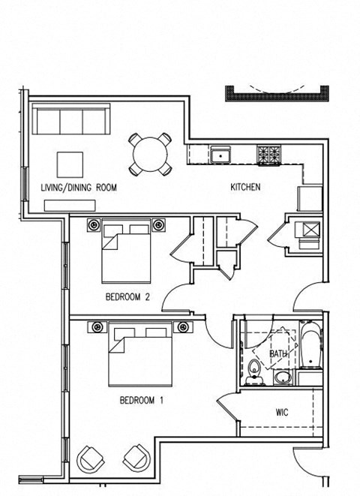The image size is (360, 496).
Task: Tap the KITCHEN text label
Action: point(245,187)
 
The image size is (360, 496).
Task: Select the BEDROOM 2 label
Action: point(127,297)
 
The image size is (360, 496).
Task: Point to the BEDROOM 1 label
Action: point(141,401)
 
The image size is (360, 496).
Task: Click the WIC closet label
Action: point(282,413)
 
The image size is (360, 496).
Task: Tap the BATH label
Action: point(278,353)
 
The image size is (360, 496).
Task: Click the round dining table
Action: point(149,154)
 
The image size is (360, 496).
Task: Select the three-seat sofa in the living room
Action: point(72,120)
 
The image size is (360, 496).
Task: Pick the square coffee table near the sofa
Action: point(72,164)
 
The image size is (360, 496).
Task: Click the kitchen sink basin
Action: point(221,155)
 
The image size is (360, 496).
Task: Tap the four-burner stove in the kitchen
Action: point(268,155)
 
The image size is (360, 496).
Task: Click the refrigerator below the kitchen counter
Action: point(309,198)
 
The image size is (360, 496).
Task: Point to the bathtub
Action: point(310,347)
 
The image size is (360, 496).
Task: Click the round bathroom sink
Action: point(283,376)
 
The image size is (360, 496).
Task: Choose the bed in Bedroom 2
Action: point(125,251)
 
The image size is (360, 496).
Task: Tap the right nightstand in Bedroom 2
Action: point(158,224)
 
